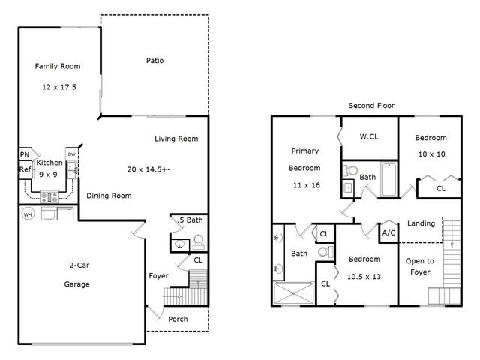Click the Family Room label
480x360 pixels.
58,67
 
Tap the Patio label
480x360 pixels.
154,61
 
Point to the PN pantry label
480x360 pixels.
24,156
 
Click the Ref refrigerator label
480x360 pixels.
25,170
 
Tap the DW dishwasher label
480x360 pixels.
71,154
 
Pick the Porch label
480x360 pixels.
178,319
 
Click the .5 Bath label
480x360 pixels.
190,220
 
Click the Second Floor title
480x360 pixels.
371,106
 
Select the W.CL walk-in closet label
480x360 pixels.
368,136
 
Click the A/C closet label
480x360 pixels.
388,232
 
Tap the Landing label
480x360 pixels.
421,223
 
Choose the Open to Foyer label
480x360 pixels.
418,266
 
